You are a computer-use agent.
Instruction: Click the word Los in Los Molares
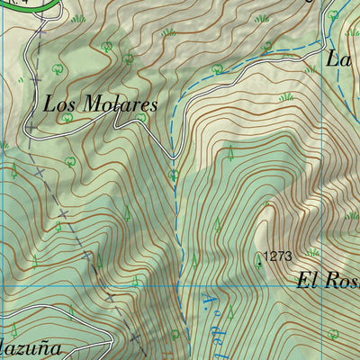tap(59, 104)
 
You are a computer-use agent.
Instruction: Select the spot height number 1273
tap(278, 256)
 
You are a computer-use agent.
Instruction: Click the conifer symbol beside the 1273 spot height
tap(259, 260)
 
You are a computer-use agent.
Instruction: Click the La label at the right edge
tap(338, 59)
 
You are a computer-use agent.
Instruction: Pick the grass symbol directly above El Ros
tap(313, 253)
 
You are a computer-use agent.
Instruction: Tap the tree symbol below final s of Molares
tap(141, 117)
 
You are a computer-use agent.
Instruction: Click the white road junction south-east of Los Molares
tap(174, 157)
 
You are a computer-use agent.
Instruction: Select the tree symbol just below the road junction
tap(174, 174)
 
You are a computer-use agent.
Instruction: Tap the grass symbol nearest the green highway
tap(79, 18)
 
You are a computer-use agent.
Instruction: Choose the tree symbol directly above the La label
tap(333, 16)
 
